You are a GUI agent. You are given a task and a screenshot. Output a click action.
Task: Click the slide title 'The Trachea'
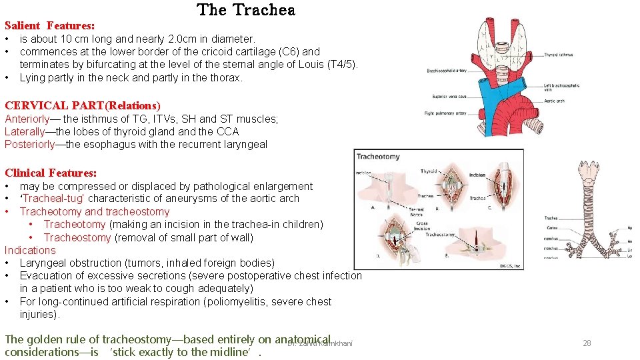click(246, 10)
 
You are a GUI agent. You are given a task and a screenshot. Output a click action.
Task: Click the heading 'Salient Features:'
click(49, 25)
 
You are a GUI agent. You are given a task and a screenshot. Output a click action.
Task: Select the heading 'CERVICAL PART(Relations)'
click(82, 105)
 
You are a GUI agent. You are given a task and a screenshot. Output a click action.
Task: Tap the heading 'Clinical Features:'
click(51, 173)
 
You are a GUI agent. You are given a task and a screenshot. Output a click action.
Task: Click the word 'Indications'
click(30, 250)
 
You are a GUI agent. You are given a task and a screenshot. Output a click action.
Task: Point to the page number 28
click(587, 343)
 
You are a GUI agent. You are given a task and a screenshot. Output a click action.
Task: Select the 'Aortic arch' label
click(554, 101)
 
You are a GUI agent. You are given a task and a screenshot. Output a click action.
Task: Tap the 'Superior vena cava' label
click(449, 97)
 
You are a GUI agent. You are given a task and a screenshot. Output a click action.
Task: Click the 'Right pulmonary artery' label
click(445, 113)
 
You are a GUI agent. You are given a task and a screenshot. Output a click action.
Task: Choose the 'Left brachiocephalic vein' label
click(561, 87)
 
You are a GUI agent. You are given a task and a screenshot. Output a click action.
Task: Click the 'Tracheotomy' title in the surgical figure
click(378, 157)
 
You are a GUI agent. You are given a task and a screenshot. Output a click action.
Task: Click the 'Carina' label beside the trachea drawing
click(550, 227)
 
